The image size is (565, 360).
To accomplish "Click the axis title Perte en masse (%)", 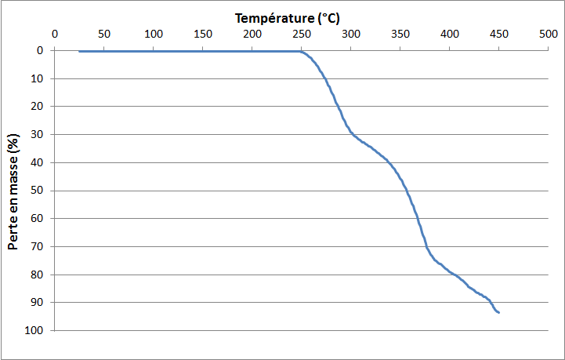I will pyautogui.click(x=14, y=191).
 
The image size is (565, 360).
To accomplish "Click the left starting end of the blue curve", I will pyautogui.click(x=79, y=52).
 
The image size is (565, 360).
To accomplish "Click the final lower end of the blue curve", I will pyautogui.click(x=499, y=312).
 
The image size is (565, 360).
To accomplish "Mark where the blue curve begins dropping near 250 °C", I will pyautogui.click(x=302, y=52).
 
